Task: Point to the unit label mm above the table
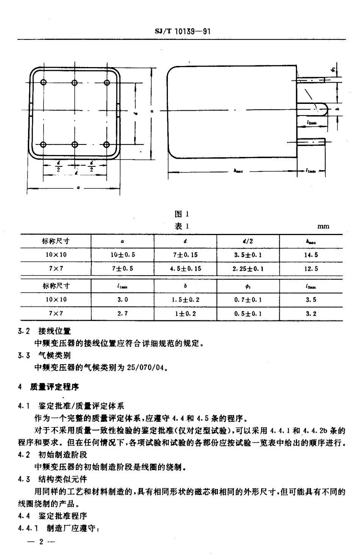click(x=323, y=226)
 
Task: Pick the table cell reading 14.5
click(x=311, y=255)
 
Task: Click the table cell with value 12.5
click(x=311, y=269)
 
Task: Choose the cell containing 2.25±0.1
click(x=248, y=269)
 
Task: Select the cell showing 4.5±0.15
click(x=185, y=269)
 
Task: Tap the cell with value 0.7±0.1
click(x=248, y=299)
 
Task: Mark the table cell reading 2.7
click(x=122, y=313)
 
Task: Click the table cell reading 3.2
click(x=311, y=313)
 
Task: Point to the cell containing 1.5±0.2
click(x=185, y=299)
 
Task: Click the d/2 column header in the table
click(x=248, y=241)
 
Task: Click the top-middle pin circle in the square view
click(x=75, y=82)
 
